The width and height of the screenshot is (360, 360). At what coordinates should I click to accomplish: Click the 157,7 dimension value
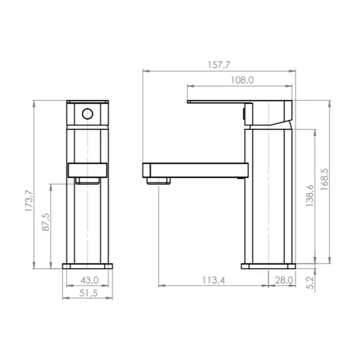218,65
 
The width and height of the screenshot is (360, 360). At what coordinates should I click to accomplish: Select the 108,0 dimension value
242,80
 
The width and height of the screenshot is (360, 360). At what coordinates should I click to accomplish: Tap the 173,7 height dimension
29,200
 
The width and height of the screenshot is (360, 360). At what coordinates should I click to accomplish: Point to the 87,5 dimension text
46,222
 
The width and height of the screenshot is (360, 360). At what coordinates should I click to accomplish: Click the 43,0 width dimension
89,280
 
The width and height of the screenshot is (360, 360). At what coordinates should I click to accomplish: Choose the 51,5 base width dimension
88,293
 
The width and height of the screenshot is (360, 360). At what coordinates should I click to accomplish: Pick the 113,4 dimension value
214,280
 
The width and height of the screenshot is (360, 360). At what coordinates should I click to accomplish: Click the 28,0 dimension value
284,280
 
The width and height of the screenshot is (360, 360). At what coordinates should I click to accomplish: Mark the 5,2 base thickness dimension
310,283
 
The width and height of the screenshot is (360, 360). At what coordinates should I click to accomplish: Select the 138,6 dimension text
310,196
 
